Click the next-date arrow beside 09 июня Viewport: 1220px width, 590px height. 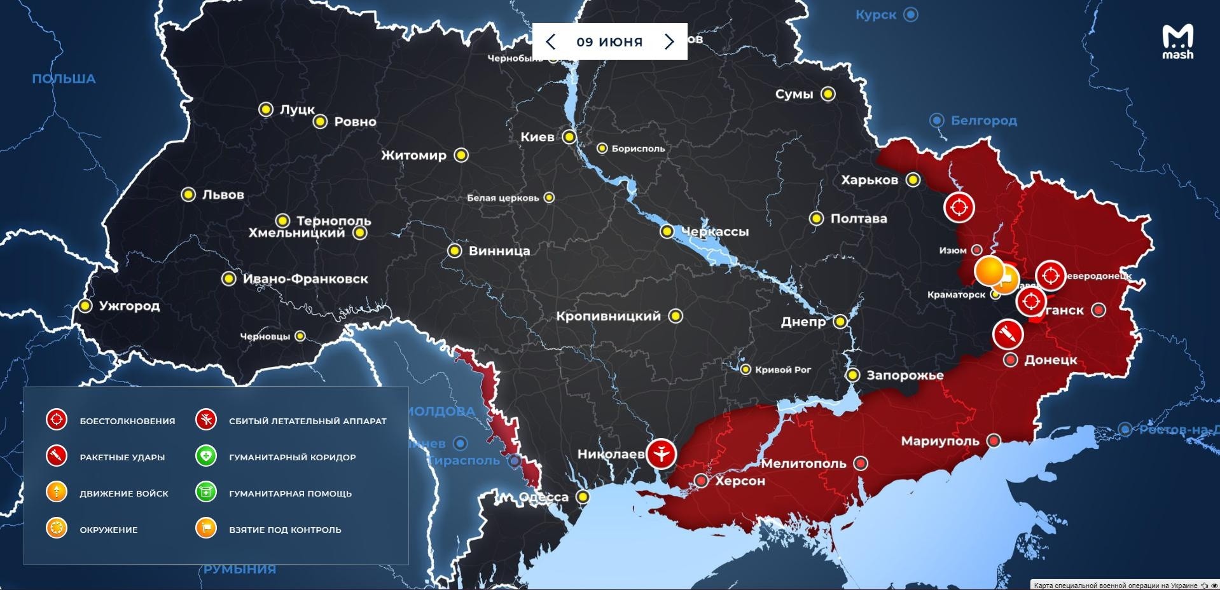(669, 42)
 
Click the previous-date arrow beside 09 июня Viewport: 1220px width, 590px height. (551, 42)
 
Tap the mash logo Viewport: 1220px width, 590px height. (1177, 42)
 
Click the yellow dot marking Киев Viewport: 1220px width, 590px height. (569, 137)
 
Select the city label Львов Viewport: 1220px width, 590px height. (223, 195)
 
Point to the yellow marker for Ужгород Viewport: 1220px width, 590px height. (85, 306)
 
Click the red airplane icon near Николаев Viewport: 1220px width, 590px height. (662, 454)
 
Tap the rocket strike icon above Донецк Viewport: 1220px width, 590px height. (1008, 334)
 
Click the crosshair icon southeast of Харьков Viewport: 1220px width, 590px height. (959, 207)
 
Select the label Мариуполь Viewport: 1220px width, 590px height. (939, 441)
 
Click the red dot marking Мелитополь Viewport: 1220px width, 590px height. (861, 463)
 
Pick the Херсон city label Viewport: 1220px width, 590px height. (740, 481)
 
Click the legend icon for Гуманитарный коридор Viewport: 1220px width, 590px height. (206, 456)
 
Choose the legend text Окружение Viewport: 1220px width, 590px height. (109, 530)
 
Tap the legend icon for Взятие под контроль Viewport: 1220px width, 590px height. (206, 528)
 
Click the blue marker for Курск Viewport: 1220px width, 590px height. (912, 15)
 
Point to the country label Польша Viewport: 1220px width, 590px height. (64, 79)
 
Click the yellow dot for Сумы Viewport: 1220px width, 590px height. (828, 94)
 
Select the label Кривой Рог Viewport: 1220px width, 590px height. (782, 370)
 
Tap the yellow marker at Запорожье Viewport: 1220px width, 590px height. (852, 375)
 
